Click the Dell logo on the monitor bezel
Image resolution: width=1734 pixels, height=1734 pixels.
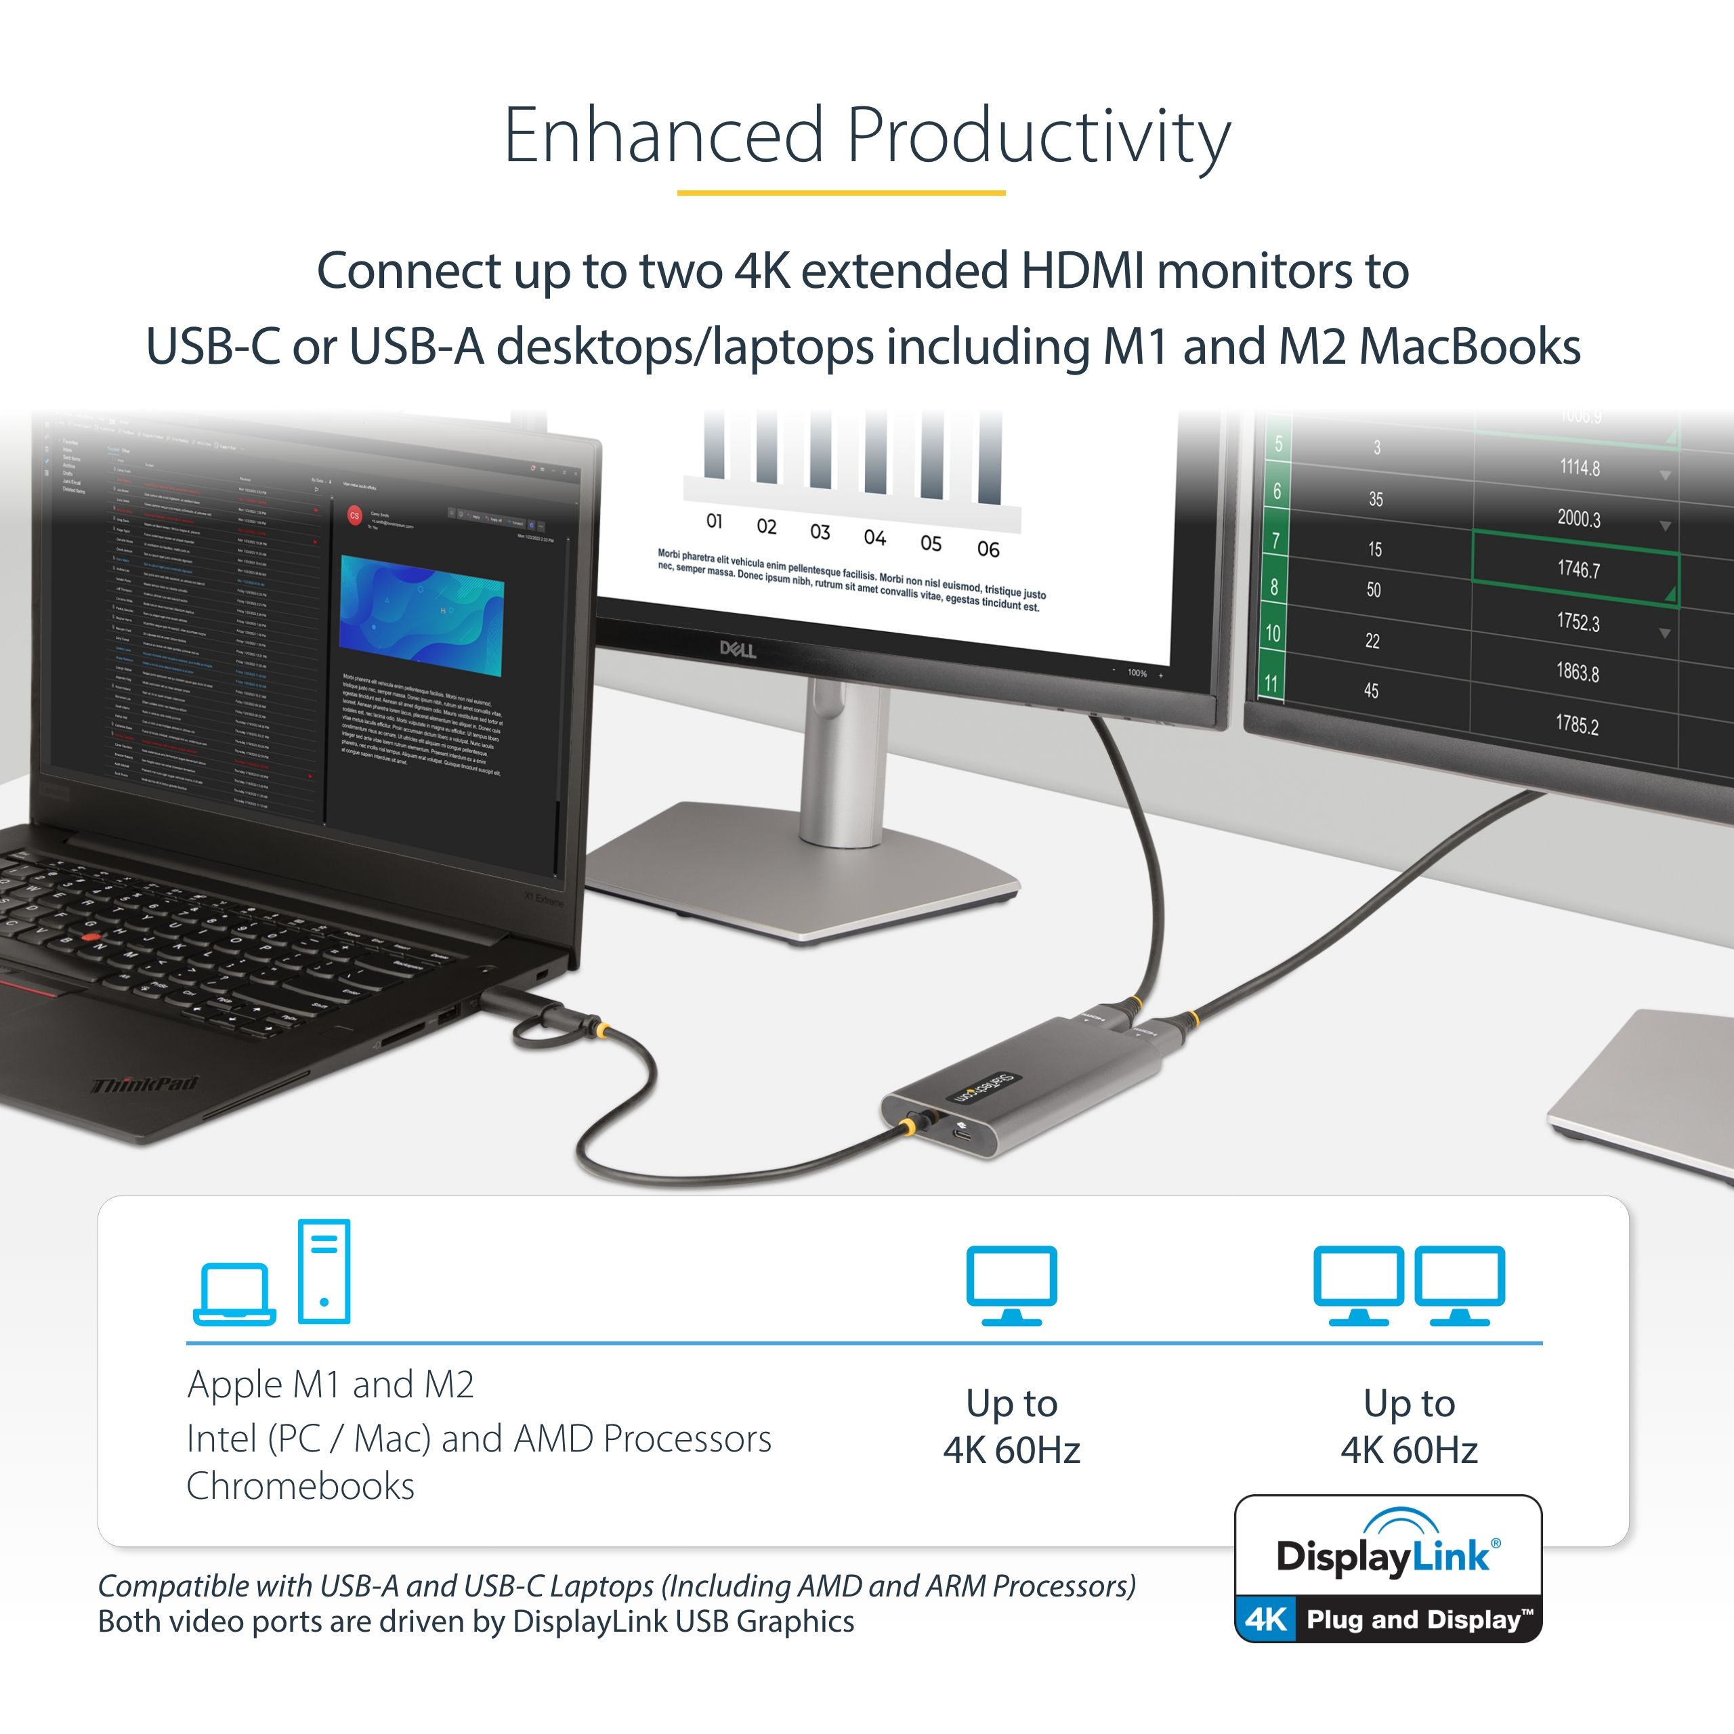click(x=737, y=649)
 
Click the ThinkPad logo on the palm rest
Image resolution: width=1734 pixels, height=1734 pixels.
click(x=144, y=1085)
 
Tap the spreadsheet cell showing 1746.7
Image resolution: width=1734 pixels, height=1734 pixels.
click(x=1578, y=569)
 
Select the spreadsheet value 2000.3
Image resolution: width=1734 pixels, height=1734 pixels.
click(x=1578, y=518)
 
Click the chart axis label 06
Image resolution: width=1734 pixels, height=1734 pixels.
click(x=988, y=549)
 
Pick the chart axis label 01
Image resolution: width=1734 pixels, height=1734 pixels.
click(x=715, y=522)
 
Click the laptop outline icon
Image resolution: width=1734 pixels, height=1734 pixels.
click(x=234, y=1293)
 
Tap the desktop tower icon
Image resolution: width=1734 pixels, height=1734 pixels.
click(x=324, y=1271)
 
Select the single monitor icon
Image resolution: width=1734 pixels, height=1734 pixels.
click(x=1011, y=1284)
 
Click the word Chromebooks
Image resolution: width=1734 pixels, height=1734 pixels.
click(x=301, y=1486)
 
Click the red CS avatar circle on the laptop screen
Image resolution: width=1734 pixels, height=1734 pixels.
click(x=354, y=516)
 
